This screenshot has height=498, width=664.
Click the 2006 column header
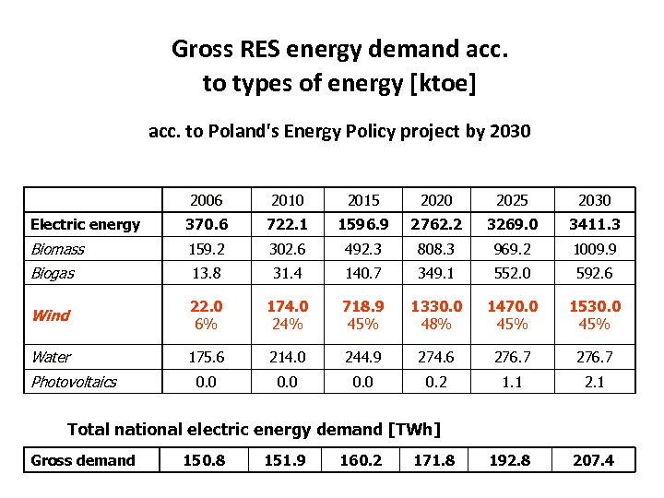click(207, 200)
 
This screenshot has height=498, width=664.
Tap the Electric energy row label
click(85, 224)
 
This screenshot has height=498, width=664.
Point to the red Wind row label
click(51, 315)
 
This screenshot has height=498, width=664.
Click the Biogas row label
click(53, 273)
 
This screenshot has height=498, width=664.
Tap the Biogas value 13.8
click(207, 273)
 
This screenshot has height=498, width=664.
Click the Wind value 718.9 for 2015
click(364, 306)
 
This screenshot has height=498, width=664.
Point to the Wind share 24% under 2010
click(288, 324)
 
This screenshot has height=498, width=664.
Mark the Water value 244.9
click(364, 357)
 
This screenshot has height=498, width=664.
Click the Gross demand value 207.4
click(593, 460)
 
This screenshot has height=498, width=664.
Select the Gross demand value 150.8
click(204, 460)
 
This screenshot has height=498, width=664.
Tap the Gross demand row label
click(83, 460)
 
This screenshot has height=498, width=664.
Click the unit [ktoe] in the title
click(444, 84)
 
